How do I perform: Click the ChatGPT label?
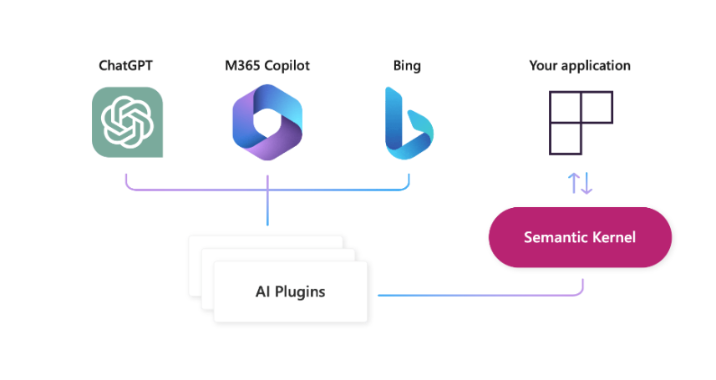click(127, 65)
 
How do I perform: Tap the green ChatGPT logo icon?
click(127, 122)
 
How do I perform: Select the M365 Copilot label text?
click(267, 65)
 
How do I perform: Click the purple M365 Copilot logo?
click(267, 122)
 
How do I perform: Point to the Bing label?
click(407, 65)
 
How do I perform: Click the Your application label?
click(580, 65)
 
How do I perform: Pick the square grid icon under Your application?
click(580, 122)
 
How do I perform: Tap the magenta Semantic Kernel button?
click(580, 237)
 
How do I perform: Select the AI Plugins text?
click(290, 291)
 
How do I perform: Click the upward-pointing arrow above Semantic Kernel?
click(573, 183)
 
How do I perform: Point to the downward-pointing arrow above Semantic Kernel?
click(587, 183)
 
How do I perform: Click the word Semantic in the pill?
click(553, 237)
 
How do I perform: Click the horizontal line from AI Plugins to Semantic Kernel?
click(476, 295)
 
